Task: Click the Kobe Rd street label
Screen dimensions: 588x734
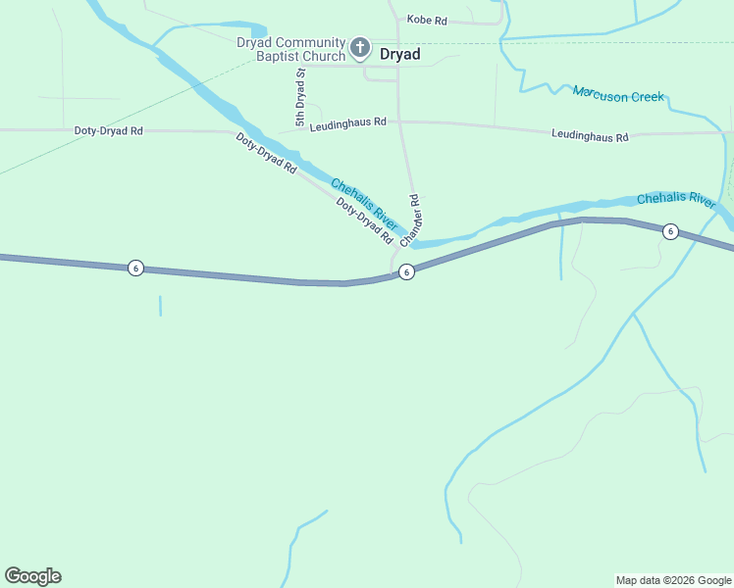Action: click(x=427, y=20)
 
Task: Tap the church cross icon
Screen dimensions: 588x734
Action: click(x=360, y=47)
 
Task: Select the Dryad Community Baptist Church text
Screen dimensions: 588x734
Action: click(x=290, y=49)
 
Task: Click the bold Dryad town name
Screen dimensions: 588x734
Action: click(x=400, y=55)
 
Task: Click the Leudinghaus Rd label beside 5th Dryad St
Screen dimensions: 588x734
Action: click(x=348, y=125)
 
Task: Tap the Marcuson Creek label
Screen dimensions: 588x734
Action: click(x=618, y=95)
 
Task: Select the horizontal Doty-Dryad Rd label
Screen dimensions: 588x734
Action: click(x=109, y=130)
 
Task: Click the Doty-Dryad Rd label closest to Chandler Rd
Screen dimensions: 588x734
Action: click(x=364, y=221)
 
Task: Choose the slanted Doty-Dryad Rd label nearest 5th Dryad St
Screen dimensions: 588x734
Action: click(x=266, y=154)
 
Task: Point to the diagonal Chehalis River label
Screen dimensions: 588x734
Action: click(x=363, y=205)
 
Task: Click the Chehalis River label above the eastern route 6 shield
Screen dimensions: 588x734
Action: click(x=676, y=199)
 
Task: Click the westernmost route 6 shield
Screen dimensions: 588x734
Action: click(x=136, y=268)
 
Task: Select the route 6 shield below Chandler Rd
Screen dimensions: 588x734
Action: click(x=406, y=271)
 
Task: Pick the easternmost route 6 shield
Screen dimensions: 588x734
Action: click(x=670, y=231)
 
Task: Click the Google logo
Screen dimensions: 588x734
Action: click(x=32, y=576)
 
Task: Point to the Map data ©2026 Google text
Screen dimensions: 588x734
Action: click(x=673, y=580)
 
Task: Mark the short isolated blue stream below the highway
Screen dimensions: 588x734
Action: click(x=160, y=306)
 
